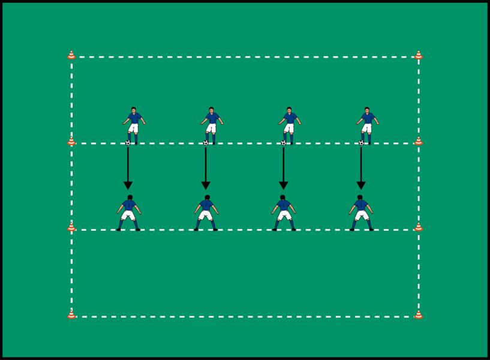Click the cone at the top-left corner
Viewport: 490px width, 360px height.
coord(71,55)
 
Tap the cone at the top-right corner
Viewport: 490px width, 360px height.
coord(418,55)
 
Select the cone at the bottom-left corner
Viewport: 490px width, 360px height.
coord(71,314)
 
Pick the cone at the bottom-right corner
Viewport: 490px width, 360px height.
coord(418,314)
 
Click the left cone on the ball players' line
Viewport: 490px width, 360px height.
coord(71,142)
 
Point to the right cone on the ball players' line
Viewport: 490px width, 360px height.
coord(418,142)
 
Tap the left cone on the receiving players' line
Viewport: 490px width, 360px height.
coord(71,227)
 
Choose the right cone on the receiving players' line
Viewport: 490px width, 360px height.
coord(418,227)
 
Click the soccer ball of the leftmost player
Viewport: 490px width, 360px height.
coord(128,143)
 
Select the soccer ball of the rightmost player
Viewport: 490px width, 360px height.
coord(361,143)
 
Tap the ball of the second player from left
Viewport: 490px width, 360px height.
coord(206,143)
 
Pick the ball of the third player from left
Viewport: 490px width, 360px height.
coord(283,143)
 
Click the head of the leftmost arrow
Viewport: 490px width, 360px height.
coord(128,185)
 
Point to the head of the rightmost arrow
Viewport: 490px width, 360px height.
coord(360,185)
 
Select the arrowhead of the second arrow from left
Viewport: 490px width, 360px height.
coord(205,185)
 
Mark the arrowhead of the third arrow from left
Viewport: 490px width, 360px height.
coord(283,185)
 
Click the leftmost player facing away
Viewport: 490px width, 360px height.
coord(128,212)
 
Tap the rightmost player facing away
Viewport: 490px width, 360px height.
coord(361,212)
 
